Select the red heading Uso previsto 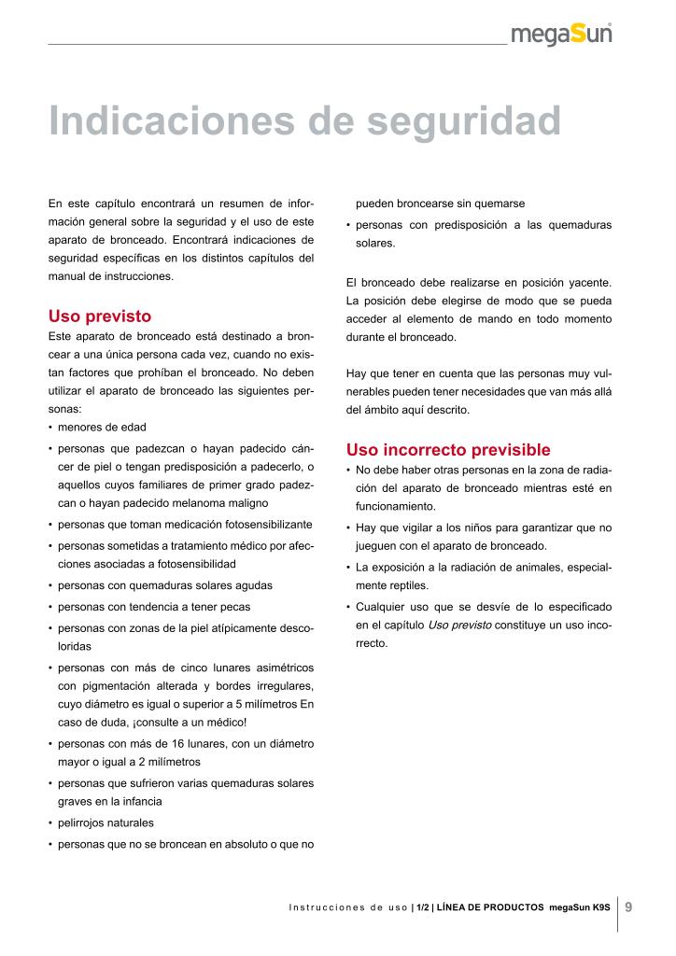[100, 316]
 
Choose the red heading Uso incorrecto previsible [448, 450]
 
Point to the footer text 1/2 [423, 907]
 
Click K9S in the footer [601, 907]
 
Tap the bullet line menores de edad [102, 428]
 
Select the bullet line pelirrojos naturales [106, 823]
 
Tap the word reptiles [408, 586]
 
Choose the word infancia [139, 802]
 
